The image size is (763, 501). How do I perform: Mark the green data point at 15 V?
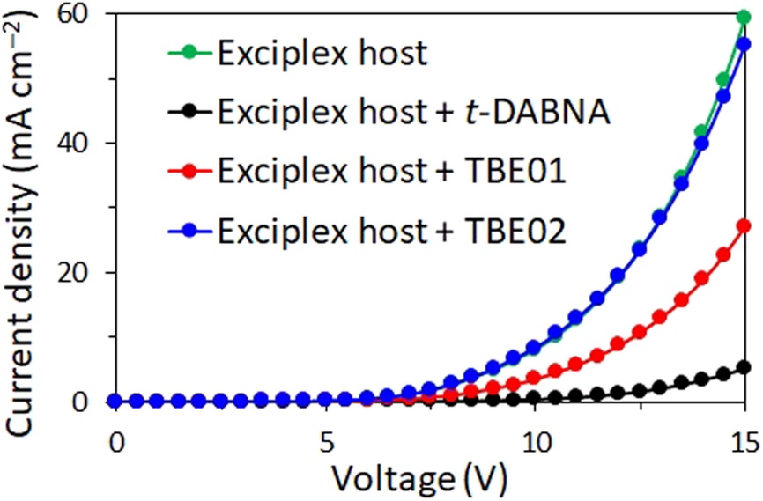(744, 17)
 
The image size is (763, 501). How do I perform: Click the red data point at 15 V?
(744, 225)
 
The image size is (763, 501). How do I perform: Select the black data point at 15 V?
(744, 366)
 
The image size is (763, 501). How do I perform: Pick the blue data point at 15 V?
(744, 44)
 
